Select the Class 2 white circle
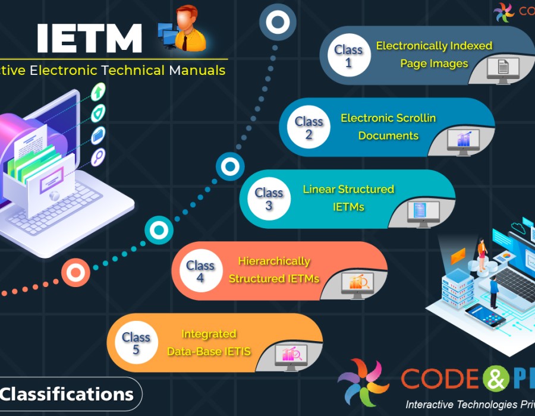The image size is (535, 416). tap(309, 128)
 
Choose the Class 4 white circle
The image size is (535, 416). tap(200, 271)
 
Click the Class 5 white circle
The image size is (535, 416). tap(136, 343)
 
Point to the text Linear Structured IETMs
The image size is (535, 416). tap(348, 198)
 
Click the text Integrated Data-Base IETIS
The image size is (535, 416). tap(209, 343)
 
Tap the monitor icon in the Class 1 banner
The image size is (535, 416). tap(503, 69)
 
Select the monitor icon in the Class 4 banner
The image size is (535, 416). tap(357, 285)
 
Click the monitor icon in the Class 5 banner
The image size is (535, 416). tap(291, 356)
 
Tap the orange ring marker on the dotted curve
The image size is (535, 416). tap(75, 273)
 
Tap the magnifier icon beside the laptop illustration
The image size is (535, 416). tap(98, 157)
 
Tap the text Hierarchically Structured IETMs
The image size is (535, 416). tap(274, 270)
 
